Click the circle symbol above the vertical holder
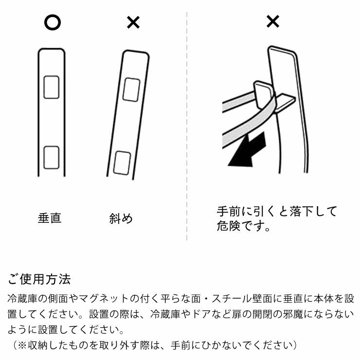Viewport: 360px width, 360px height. point(52,22)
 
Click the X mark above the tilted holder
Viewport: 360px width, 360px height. point(133,22)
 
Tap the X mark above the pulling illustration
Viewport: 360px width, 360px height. point(273,21)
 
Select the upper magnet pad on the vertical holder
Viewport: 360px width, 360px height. point(52,87)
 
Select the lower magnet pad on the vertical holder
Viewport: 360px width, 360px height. point(52,158)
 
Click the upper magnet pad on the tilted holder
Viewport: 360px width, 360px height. point(132,90)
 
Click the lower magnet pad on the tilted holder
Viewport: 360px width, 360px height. point(121,162)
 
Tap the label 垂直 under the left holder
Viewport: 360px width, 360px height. point(50,218)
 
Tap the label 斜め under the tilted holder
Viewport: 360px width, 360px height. point(121,218)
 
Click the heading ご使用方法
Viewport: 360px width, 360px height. point(39,279)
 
